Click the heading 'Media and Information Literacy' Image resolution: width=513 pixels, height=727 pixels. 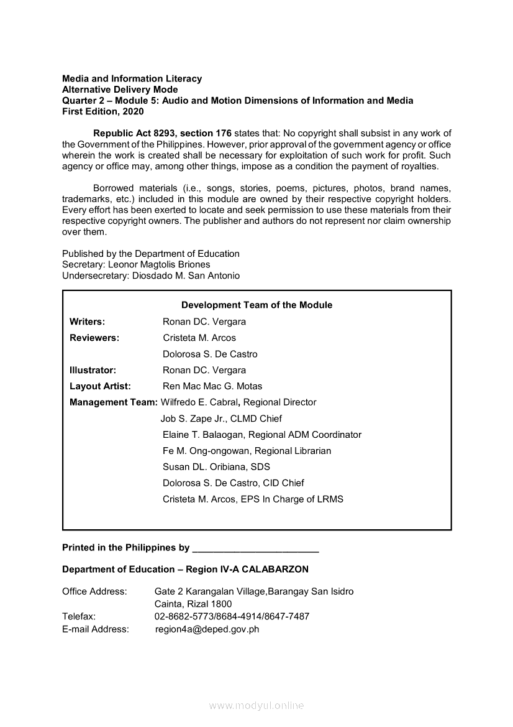[132, 79]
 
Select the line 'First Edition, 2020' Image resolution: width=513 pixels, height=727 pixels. [102, 112]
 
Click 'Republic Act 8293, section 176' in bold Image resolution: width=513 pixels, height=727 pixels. [162, 134]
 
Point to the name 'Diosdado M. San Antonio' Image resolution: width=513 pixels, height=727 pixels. [186, 276]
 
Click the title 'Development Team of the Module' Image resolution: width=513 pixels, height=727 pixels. [256, 305]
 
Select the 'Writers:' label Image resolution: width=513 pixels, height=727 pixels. [87, 322]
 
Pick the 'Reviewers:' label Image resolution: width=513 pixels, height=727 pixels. [94, 338]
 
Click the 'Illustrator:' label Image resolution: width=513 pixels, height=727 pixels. [93, 370]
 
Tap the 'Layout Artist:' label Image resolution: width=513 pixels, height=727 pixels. [100, 386]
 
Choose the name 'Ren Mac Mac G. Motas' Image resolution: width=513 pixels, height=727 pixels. [212, 386]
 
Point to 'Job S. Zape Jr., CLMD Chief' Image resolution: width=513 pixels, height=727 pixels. [221, 419]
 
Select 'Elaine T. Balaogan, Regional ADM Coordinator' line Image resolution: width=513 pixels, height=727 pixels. [261, 435]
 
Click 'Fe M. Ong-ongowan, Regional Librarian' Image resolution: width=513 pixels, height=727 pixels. [247, 451]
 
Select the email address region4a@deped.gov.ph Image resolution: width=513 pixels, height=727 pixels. [207, 629]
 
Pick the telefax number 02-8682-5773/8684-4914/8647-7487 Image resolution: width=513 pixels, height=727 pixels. [232, 616]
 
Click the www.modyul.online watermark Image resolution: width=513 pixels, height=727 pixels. [256, 706]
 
